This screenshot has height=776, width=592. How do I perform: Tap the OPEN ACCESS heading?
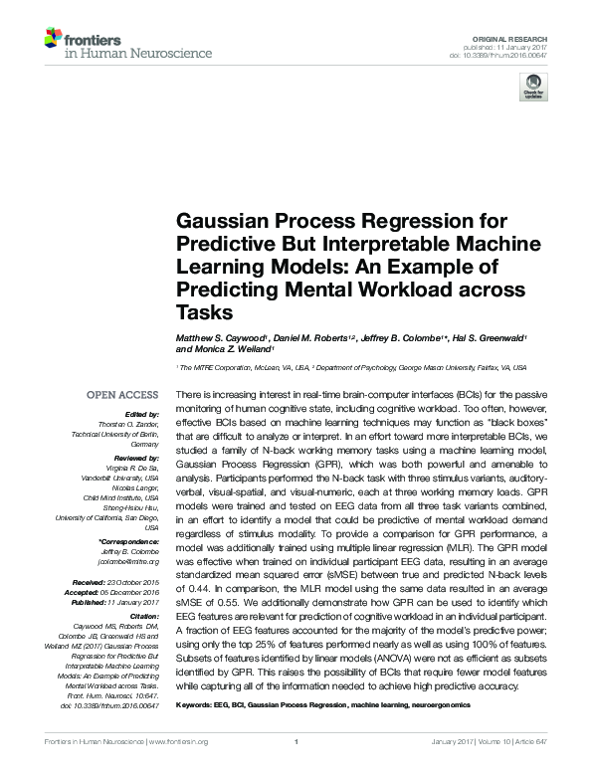[122, 396]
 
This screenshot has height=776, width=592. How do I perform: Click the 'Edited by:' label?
[142, 414]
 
